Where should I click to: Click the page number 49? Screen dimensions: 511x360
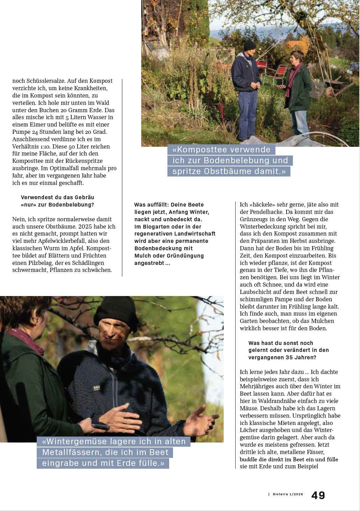point(318,495)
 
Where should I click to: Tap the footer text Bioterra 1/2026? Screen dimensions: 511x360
point(288,494)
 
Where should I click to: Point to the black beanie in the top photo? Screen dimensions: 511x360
point(249,45)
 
